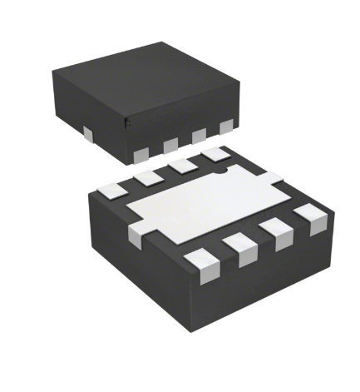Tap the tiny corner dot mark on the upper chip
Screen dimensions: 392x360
[x=126, y=122]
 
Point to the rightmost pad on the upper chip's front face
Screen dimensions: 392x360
[x=226, y=127]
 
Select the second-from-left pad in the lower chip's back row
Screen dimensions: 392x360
[x=149, y=176]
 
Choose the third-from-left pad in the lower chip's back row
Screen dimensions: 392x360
[x=182, y=165]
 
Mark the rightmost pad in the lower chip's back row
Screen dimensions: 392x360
[x=215, y=154]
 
